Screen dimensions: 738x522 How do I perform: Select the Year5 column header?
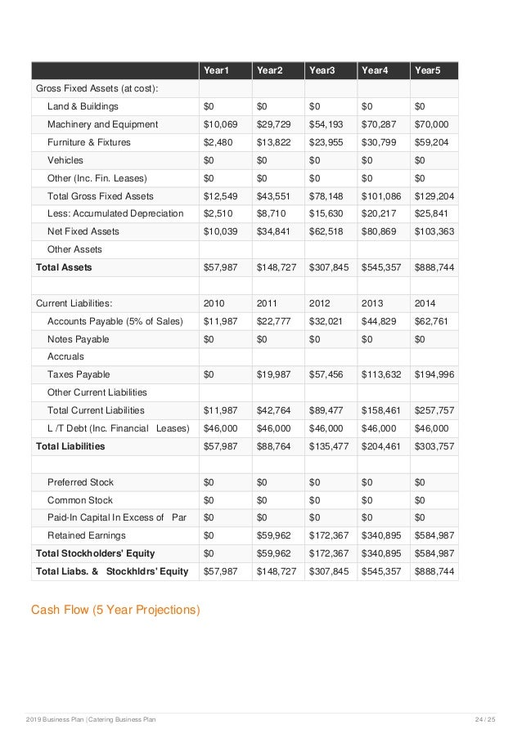pyautogui.click(x=428, y=71)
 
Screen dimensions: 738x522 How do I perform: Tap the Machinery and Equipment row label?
pyautogui.click(x=102, y=124)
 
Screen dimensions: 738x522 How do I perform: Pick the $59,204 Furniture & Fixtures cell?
pyautogui.click(x=431, y=142)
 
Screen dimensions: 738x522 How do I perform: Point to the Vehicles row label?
pyautogui.click(x=65, y=160)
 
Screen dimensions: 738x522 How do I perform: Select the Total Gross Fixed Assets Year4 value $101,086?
pyautogui.click(x=381, y=196)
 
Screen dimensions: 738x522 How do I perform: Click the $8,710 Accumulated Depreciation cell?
pyautogui.click(x=272, y=214)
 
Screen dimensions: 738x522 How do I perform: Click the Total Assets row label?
pyautogui.click(x=64, y=267)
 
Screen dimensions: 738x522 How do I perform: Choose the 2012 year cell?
pyautogui.click(x=322, y=303)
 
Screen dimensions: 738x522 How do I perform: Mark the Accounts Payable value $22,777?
pyautogui.click(x=274, y=321)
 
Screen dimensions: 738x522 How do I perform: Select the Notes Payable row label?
pyautogui.click(x=78, y=339)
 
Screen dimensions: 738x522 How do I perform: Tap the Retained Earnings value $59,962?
pyautogui.click(x=274, y=535)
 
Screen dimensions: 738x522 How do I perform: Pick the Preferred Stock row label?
pyautogui.click(x=80, y=482)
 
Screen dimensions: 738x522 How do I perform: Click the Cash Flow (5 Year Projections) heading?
pyautogui.click(x=115, y=609)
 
